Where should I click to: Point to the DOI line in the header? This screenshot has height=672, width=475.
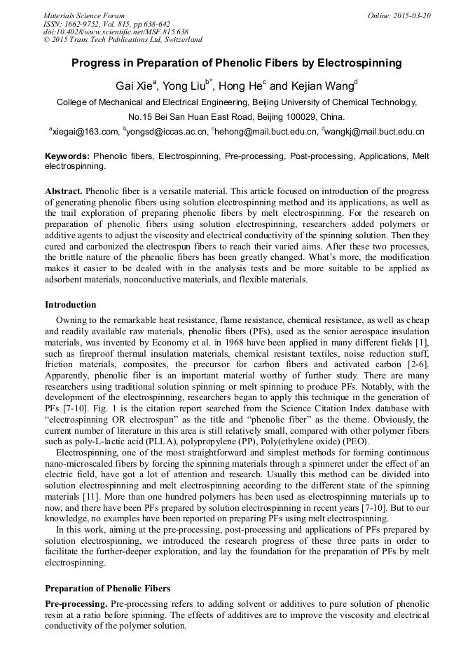coord(116,32)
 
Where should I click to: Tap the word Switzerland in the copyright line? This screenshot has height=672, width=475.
coord(177,40)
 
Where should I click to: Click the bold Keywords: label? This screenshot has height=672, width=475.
coord(67,156)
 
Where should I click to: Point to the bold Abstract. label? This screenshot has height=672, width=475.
coord(64,191)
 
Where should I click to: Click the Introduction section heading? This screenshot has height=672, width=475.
coord(71,305)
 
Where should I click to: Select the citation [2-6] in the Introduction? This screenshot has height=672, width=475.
coord(418,364)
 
